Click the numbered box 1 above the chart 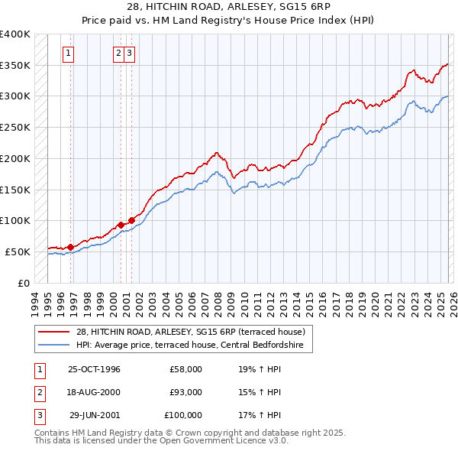(69, 54)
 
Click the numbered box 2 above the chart (119, 54)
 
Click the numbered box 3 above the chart (130, 54)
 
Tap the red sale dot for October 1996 (71, 247)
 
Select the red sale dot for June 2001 (132, 221)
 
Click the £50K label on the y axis (18, 251)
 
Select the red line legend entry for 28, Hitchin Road (190, 332)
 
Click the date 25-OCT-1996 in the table (94, 369)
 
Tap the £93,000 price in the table (186, 392)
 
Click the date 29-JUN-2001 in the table (95, 415)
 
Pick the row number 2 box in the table (38, 392)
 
